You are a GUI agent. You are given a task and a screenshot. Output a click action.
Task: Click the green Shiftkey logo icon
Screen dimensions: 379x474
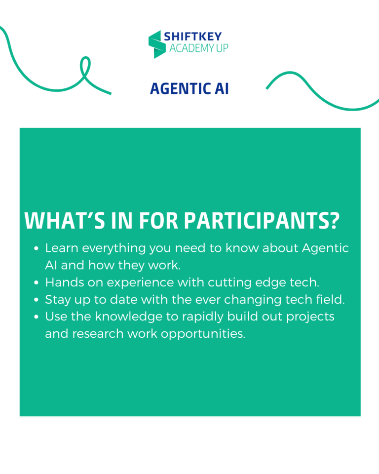[157, 44]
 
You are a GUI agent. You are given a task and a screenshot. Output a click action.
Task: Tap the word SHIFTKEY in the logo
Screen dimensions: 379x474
[193, 37]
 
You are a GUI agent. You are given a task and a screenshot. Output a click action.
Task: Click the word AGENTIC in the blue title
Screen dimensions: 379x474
[181, 88]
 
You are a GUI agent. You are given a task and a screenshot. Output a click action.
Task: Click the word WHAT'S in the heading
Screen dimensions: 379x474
[65, 221]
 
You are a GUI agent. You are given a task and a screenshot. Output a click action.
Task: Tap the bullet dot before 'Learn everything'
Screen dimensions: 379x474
[36, 248]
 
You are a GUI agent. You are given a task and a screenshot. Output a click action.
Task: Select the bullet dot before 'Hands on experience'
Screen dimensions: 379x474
[36, 283]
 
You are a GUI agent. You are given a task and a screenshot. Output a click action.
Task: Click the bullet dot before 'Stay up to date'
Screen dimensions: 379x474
[36, 300]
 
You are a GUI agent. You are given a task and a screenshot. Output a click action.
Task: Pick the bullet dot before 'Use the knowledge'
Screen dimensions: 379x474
[36, 317]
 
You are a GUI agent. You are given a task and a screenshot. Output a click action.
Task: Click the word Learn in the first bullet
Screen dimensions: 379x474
[62, 248]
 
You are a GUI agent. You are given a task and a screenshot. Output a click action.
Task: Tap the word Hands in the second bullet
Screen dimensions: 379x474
[64, 282]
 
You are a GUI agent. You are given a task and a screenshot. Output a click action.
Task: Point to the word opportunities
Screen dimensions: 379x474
[203, 334]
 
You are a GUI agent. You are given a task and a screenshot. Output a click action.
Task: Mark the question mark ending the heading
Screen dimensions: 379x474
[334, 221]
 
